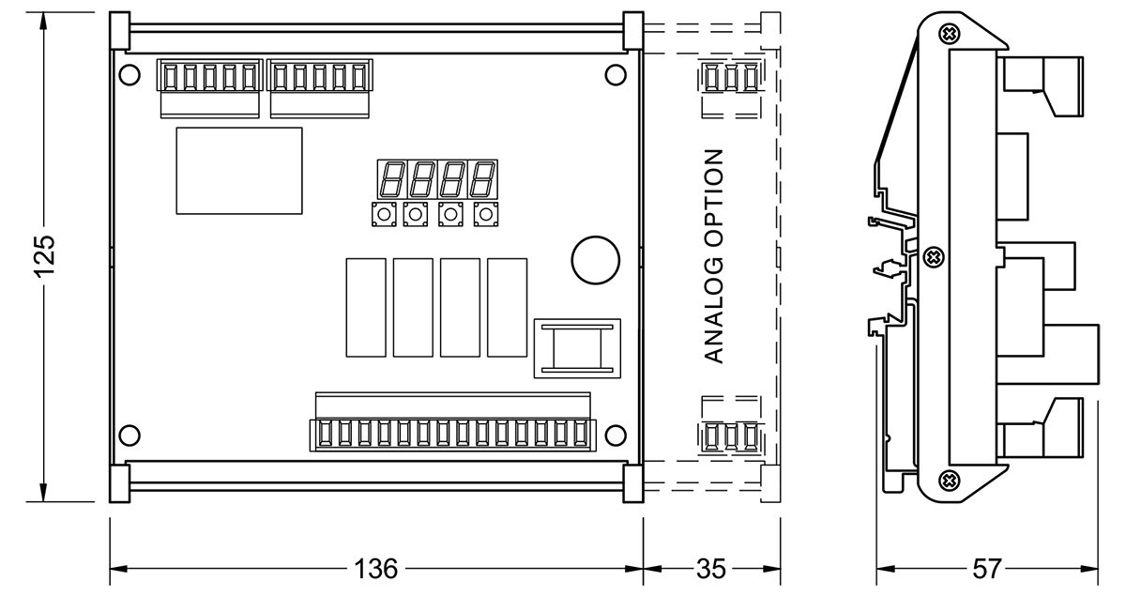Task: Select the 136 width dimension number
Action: [375, 569]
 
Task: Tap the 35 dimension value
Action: [712, 569]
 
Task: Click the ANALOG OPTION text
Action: [714, 255]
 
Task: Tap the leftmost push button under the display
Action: [383, 216]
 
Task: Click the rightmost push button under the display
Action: [485, 216]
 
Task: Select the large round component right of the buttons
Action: [594, 257]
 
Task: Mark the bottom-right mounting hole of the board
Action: [616, 436]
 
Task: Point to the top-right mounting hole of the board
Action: [616, 74]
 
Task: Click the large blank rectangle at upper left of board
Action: [239, 170]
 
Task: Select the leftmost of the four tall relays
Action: [365, 306]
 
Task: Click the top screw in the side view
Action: [951, 34]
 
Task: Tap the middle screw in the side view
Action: [934, 256]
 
